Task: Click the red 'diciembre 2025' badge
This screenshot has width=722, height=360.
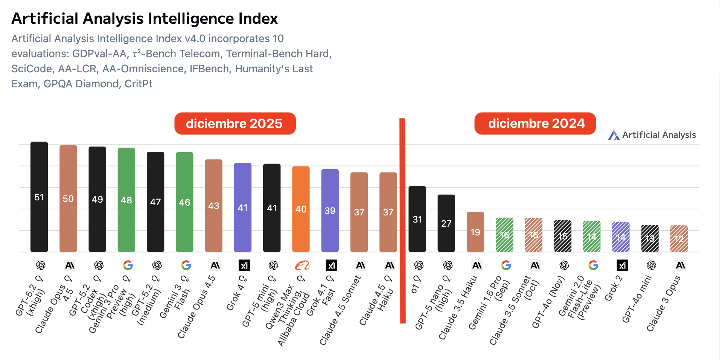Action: click(x=235, y=124)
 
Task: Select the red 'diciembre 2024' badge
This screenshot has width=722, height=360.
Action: click(x=535, y=124)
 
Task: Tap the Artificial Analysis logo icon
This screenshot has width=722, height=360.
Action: click(x=614, y=135)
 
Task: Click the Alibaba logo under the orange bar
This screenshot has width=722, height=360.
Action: click(x=302, y=265)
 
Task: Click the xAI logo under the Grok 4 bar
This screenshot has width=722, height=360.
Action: click(x=244, y=265)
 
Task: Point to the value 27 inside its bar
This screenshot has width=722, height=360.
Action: click(x=446, y=224)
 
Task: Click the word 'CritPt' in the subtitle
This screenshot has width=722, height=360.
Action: click(x=139, y=84)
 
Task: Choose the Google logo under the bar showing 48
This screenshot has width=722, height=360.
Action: click(x=128, y=265)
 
